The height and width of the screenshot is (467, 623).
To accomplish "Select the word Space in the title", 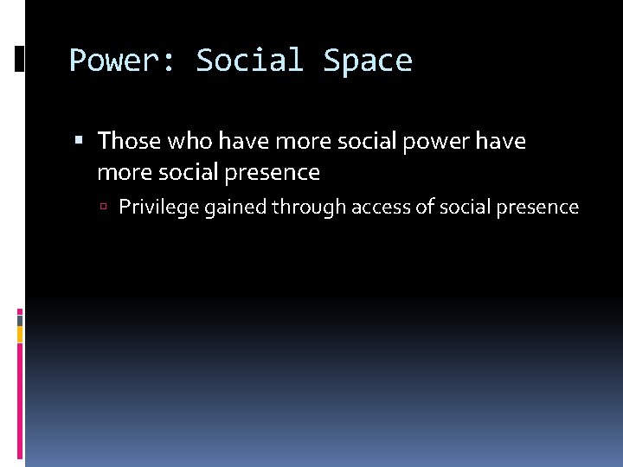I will (368, 61).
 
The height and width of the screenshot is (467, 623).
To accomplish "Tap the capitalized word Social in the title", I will (249, 61).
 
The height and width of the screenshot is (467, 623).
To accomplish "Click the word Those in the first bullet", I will (129, 140).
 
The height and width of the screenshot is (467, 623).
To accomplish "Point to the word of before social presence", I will (427, 208).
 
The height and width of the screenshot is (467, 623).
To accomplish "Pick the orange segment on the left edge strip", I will (20, 333).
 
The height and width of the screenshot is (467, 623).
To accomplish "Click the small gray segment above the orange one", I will (20, 319).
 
